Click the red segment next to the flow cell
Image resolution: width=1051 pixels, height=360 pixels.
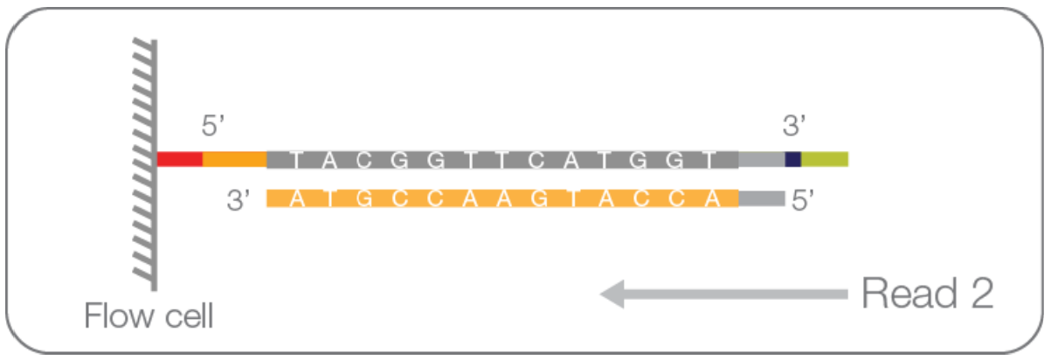[x=180, y=159]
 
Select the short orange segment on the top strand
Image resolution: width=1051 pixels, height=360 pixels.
[x=234, y=159]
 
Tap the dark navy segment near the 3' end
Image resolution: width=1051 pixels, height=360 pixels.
[x=793, y=159]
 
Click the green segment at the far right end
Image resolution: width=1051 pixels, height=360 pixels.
[x=825, y=159]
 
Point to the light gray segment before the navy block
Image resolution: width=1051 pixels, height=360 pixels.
[x=762, y=159]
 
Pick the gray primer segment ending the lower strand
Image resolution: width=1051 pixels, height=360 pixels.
[x=761, y=199]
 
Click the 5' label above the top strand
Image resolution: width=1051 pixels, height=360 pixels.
[x=214, y=126]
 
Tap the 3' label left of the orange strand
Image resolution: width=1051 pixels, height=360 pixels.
[x=239, y=201]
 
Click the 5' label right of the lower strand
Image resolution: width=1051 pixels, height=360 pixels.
[x=805, y=201]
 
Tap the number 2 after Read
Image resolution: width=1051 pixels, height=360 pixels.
[x=981, y=295]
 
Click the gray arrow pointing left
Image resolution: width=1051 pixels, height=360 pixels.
[x=725, y=294]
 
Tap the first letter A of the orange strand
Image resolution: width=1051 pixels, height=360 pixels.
[x=298, y=199]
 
